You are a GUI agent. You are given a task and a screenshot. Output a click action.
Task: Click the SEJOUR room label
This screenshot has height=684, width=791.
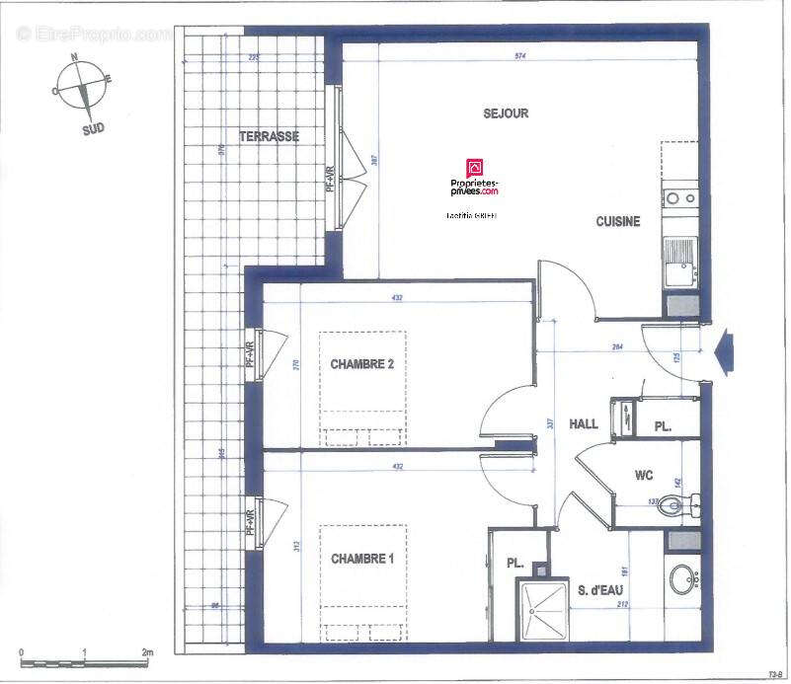pyautogui.click(x=506, y=114)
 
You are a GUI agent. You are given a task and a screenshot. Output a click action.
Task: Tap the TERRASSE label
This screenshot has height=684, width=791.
pyautogui.click(x=269, y=136)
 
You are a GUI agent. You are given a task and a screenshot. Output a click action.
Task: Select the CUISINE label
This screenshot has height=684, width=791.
pyautogui.click(x=618, y=222)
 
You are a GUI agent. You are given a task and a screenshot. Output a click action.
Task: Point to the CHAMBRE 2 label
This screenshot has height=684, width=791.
pyautogui.click(x=362, y=364)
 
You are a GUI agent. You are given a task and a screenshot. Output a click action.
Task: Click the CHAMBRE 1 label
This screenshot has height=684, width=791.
pyautogui.click(x=362, y=559)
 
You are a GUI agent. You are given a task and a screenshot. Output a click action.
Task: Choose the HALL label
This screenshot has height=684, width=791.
pyautogui.click(x=584, y=423)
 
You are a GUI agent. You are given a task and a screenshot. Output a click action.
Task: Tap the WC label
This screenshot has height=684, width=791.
pyautogui.click(x=644, y=475)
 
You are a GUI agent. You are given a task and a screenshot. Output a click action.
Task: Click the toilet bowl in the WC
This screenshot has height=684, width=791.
pyautogui.click(x=674, y=507)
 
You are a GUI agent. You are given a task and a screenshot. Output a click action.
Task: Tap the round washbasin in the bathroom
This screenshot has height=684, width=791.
pyautogui.click(x=682, y=578)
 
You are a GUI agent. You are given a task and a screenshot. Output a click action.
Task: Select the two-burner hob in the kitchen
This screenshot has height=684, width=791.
pyautogui.click(x=679, y=198)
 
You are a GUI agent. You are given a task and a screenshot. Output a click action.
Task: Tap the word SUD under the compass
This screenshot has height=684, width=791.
pyautogui.click(x=94, y=128)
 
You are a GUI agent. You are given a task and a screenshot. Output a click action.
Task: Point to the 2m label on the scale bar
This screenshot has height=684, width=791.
pyautogui.click(x=147, y=652)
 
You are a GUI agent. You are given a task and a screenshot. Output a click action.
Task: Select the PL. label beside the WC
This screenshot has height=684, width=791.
pyautogui.click(x=665, y=427)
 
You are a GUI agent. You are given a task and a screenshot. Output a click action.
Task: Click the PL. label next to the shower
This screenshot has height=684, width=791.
pyautogui.click(x=514, y=563)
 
